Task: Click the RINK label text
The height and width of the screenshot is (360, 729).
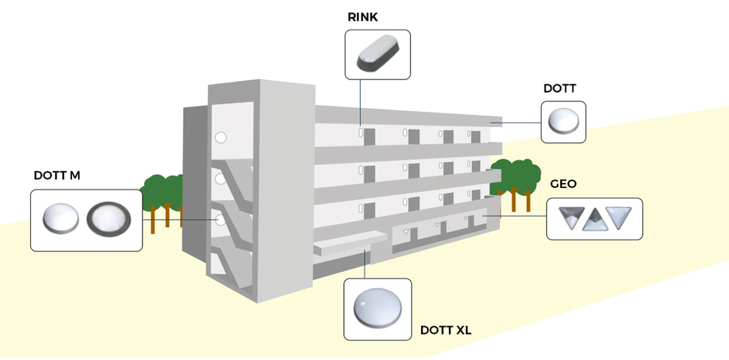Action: pos(364,16)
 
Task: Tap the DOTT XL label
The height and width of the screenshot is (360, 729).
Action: pos(445,331)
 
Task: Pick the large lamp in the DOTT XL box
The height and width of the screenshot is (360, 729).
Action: pos(378,309)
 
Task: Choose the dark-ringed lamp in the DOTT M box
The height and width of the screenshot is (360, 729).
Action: pos(108,220)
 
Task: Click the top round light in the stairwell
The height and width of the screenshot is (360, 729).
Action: pos(219,137)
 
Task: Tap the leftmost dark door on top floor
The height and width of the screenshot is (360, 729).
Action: pos(370,137)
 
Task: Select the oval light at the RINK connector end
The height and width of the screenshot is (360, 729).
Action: pos(361,132)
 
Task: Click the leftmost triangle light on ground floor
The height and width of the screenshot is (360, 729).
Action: pos(405,231)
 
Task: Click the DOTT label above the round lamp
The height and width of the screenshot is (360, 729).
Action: pos(559,89)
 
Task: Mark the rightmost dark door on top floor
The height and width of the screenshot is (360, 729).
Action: pos(475,137)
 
